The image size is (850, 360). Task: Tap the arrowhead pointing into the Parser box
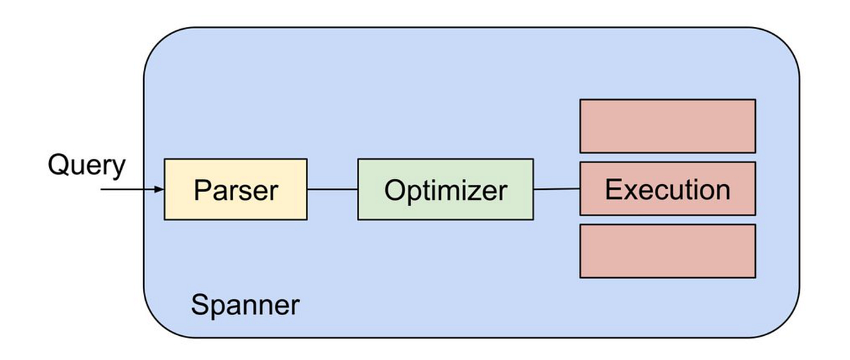[159, 190]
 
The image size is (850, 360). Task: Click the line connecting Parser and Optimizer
[332, 189]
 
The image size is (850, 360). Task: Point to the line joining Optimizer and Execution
[557, 189]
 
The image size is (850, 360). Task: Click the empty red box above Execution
[667, 125]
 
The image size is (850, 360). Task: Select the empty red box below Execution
[667, 251]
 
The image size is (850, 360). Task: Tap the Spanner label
[245, 305]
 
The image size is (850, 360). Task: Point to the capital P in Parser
[201, 189]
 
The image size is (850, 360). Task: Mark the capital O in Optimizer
[395, 189]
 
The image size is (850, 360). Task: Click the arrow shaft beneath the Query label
[127, 190]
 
